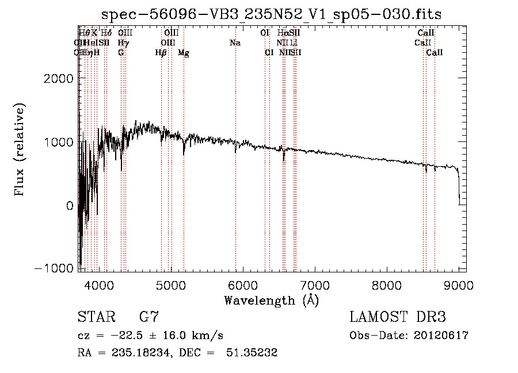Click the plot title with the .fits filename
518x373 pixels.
[271, 14]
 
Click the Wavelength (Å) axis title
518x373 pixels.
[271, 300]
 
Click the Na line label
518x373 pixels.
[235, 43]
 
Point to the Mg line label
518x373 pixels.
[184, 53]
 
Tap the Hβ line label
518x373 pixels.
[161, 53]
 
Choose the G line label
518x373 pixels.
[121, 53]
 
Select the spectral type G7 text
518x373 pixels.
[148, 317]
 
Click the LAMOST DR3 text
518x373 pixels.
[398, 317]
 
